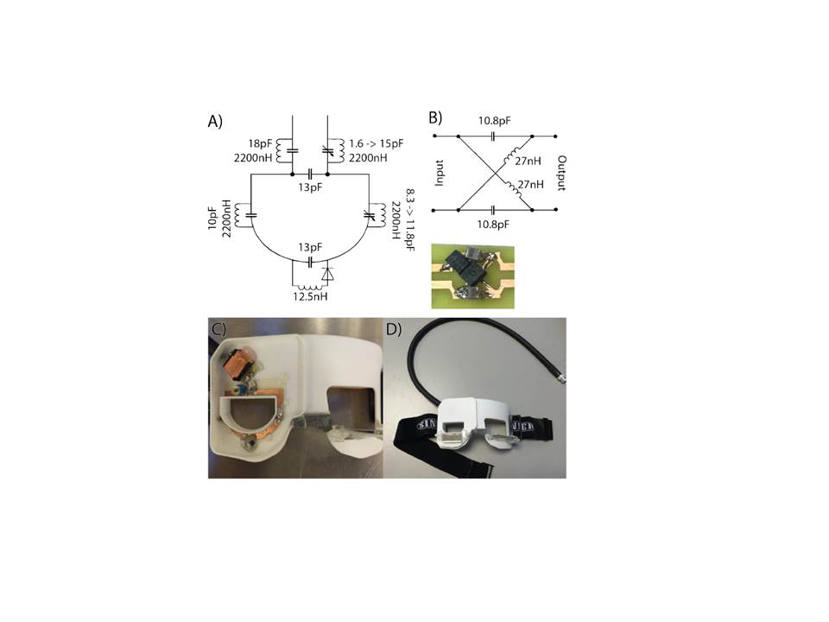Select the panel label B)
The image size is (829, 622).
(440, 117)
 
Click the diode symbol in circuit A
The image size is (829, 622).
(327, 273)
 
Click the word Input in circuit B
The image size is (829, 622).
(441, 173)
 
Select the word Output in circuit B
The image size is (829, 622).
(562, 174)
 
